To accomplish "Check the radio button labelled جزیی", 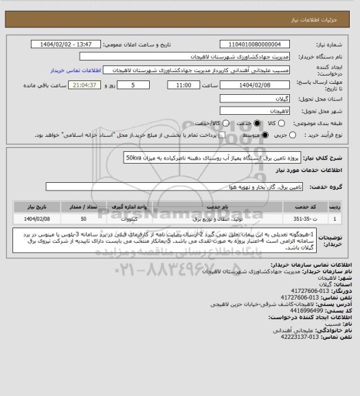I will pos(291,135).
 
